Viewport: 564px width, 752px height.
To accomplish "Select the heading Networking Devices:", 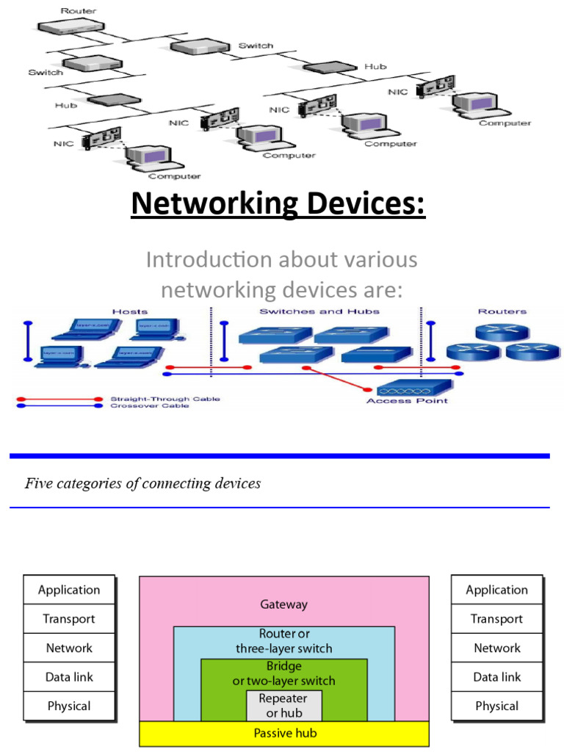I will [278, 203].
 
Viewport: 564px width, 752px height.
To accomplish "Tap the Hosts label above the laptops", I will [130, 311].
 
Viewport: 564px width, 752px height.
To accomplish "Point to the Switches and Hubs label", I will [319, 311].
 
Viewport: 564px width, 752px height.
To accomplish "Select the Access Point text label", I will [407, 400].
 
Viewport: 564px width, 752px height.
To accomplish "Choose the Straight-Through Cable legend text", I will [165, 399].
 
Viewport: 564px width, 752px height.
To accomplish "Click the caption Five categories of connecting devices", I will [143, 483].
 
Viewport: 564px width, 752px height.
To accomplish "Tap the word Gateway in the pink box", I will [283, 604].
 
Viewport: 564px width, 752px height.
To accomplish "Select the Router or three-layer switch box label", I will [283, 640].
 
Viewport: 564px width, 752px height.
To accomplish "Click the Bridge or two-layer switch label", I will [283, 673].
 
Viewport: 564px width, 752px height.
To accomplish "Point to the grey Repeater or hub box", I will [283, 705].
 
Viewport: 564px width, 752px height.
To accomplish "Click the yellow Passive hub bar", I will [283, 733].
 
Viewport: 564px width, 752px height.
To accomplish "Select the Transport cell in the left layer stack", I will [69, 618].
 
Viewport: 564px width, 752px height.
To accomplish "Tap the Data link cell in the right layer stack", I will [497, 677].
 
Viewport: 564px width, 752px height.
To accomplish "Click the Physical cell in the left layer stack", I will [69, 706].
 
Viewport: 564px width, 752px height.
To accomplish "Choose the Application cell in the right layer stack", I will [497, 590].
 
